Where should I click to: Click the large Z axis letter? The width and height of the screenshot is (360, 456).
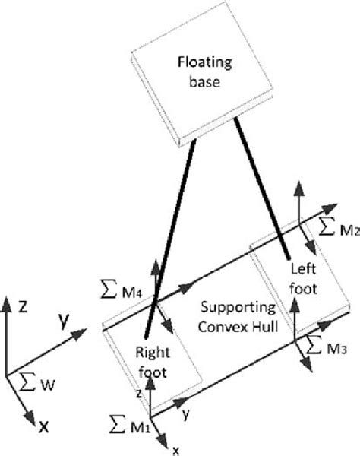click(x=24, y=307)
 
